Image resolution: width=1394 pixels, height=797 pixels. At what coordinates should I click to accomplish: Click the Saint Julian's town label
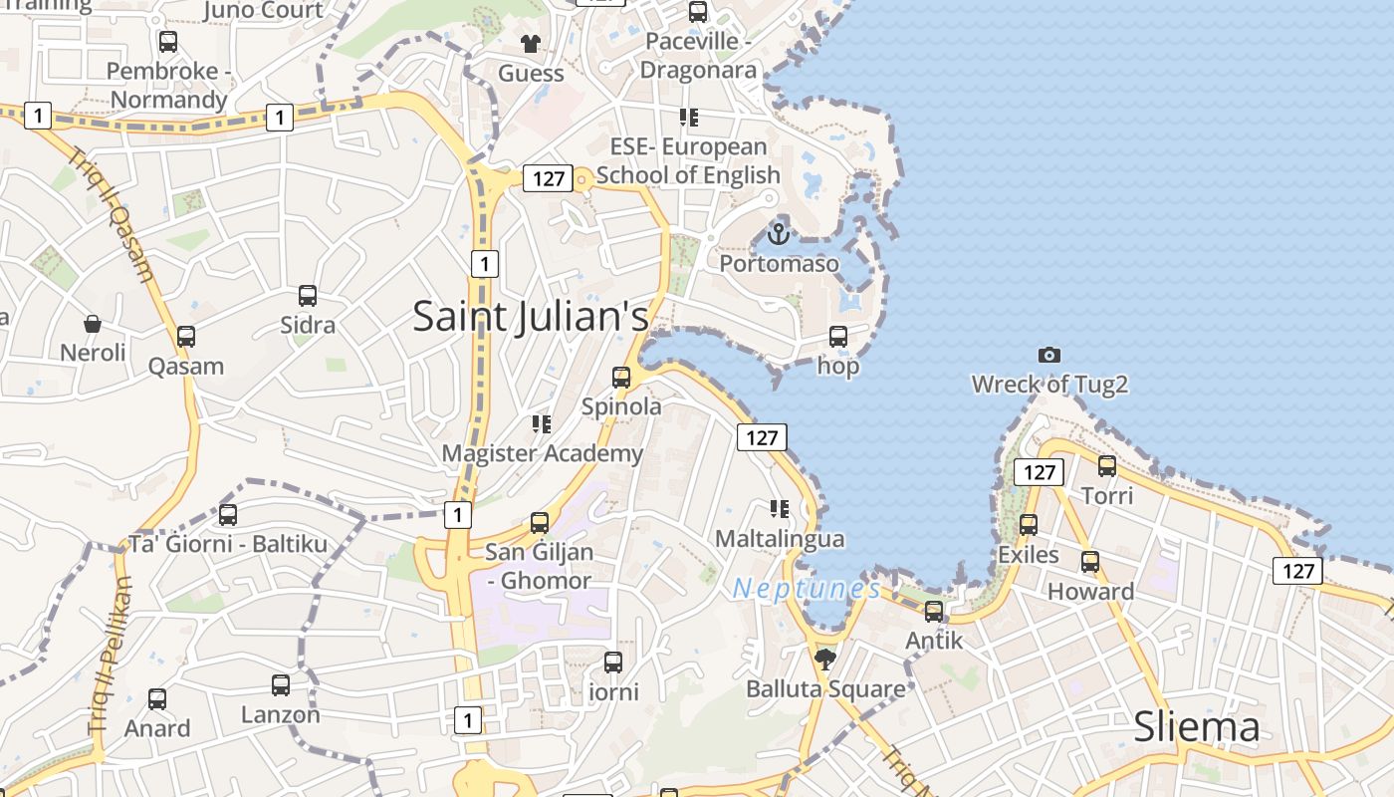point(530,317)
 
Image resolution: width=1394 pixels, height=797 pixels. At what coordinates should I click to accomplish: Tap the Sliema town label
point(1197,728)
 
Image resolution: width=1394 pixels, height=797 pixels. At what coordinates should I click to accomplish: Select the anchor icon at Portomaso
point(779,234)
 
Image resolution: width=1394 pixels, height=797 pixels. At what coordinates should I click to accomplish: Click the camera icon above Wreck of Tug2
point(1048,355)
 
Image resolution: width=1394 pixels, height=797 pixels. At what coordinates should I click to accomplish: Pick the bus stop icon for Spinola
point(621,378)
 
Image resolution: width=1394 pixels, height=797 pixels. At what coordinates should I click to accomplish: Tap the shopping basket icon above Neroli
point(93,324)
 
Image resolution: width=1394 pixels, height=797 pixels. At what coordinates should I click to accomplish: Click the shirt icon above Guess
point(531,44)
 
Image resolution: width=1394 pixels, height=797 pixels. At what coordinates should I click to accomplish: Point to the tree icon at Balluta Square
point(824,658)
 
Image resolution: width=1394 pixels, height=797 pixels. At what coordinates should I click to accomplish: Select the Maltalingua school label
point(780,539)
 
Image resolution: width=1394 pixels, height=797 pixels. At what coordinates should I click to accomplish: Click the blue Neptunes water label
point(807,589)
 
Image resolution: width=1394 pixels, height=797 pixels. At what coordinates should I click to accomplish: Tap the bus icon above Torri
point(1106,465)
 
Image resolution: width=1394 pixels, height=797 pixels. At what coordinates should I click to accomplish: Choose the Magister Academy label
point(542,454)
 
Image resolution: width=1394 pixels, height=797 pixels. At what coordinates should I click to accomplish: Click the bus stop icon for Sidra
point(308,296)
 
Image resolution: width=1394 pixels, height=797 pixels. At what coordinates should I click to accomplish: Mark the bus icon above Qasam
point(186,337)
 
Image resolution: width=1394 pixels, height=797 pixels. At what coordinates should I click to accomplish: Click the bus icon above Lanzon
point(281,685)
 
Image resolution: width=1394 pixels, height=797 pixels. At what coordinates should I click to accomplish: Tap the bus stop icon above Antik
point(934,612)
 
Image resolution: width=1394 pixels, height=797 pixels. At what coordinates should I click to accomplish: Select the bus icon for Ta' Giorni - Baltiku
point(228,515)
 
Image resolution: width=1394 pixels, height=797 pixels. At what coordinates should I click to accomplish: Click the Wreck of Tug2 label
point(1049,385)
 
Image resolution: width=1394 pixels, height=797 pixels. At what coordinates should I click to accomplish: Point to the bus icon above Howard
point(1090,562)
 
